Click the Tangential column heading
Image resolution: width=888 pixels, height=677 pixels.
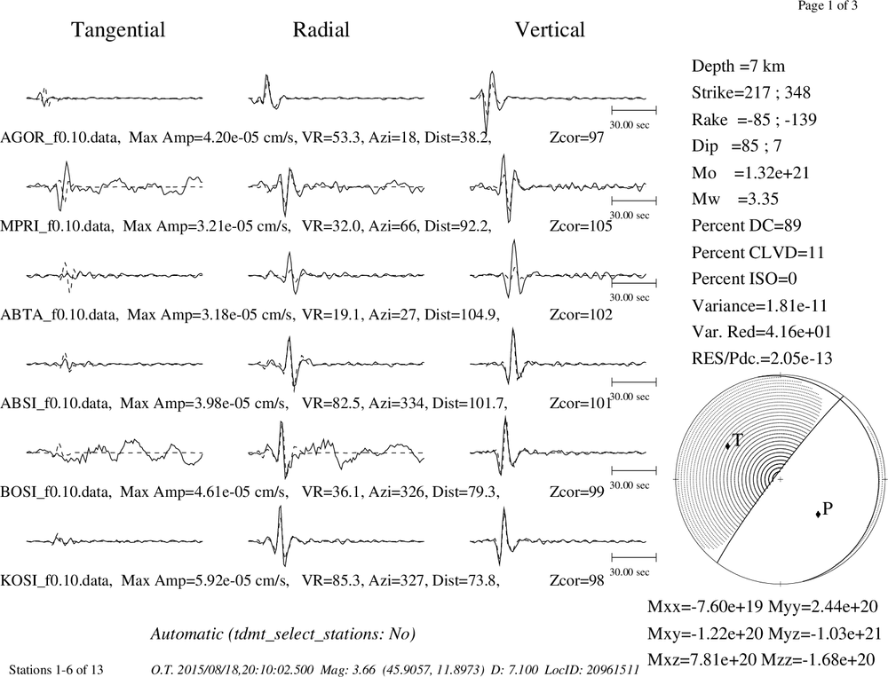coord(118,30)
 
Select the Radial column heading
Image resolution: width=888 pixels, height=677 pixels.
coord(321,30)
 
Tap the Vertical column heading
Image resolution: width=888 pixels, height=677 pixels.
coord(550,30)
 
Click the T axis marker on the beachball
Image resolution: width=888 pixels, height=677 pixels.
coord(728,446)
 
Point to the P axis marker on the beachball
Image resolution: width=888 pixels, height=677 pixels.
coord(818,514)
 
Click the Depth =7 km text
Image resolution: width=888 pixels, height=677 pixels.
coord(738,67)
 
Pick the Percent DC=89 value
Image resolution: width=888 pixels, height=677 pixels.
coord(747,226)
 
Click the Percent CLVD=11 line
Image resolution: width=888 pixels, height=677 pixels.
coord(757,253)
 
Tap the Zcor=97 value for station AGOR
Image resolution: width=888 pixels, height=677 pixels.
coord(577,138)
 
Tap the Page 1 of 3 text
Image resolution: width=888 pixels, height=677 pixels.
coord(828,5)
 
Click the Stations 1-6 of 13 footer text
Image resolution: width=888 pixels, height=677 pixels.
coord(56,670)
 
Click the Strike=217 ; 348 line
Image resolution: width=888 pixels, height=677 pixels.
coord(751,93)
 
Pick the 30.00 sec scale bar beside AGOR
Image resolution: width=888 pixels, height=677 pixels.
coord(634,110)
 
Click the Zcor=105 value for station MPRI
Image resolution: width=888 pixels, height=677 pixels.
coord(581,226)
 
